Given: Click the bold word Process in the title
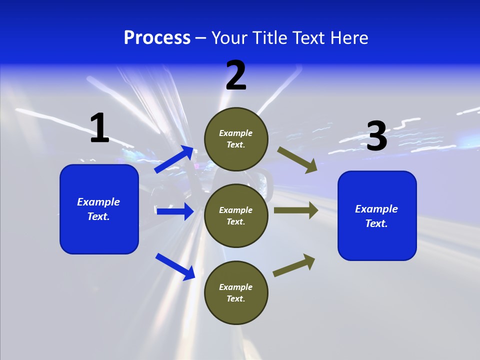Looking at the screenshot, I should [x=157, y=38].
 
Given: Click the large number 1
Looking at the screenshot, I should [x=99, y=128].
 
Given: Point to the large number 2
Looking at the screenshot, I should [x=236, y=75].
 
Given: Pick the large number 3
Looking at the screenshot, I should [x=376, y=136].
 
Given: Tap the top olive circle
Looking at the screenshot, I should [x=236, y=139].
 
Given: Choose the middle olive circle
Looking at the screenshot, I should [x=236, y=215].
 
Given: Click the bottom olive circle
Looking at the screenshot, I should [x=236, y=292].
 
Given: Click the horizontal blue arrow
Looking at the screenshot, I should [x=175, y=211].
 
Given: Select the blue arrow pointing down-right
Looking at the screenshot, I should [x=175, y=266].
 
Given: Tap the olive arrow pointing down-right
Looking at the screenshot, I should [x=297, y=159].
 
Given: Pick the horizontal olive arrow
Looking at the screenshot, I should [x=296, y=210].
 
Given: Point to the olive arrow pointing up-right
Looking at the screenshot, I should [x=294, y=265].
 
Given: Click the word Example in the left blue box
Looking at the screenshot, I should [x=98, y=202].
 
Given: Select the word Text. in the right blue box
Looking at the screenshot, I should [x=376, y=223].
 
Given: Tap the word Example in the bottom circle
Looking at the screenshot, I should [x=236, y=287].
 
